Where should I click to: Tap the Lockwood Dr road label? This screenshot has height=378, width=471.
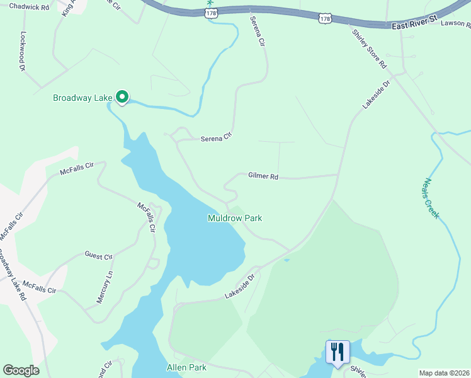tap(23, 51)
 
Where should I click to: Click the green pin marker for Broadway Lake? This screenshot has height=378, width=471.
tap(122, 97)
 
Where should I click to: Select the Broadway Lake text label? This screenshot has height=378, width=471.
tap(82, 98)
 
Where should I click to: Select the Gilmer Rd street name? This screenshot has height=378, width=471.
tap(263, 176)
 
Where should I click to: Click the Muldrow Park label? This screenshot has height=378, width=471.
tap(235, 218)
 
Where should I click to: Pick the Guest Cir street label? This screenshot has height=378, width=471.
tap(98, 256)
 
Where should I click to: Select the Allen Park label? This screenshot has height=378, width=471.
tap(186, 367)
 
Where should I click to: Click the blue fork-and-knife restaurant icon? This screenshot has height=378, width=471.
tap(337, 352)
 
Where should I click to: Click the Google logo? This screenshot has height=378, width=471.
tap(21, 370)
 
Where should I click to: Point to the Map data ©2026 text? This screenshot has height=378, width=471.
tap(444, 373)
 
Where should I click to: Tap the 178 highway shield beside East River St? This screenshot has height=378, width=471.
tap(324, 20)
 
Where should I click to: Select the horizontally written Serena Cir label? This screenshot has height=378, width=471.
tap(217, 139)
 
